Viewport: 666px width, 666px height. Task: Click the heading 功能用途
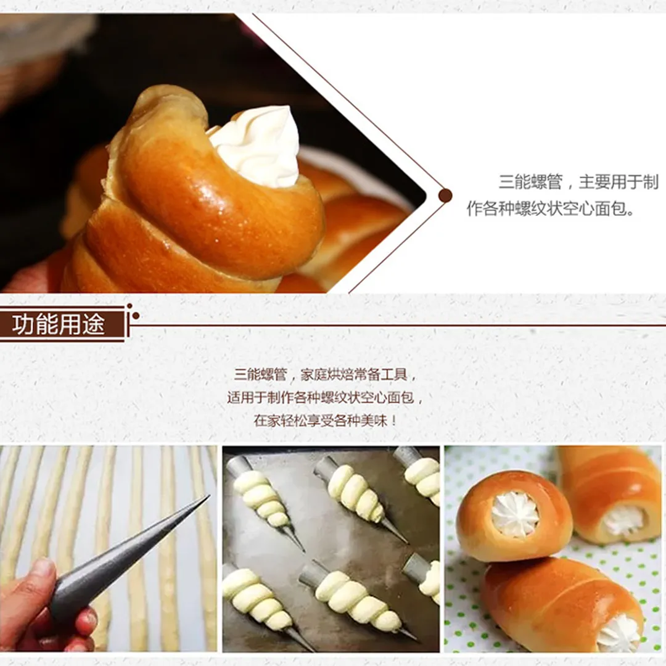coord(58,324)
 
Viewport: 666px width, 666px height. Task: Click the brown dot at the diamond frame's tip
coord(445,195)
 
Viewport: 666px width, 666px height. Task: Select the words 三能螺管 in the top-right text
coord(530,182)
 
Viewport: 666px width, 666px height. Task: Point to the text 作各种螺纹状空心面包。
coord(551,208)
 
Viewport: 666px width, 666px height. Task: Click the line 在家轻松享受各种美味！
coord(326,421)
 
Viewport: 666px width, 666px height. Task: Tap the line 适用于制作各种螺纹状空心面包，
coord(326,398)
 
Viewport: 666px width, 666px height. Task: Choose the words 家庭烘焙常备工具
coord(354,375)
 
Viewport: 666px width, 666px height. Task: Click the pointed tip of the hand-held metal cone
coord(208,496)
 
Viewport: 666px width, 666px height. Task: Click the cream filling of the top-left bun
coord(515,515)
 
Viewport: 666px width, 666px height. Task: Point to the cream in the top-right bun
coord(623,520)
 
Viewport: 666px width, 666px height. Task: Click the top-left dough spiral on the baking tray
coord(260,498)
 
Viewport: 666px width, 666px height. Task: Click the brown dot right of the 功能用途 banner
coord(136,316)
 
